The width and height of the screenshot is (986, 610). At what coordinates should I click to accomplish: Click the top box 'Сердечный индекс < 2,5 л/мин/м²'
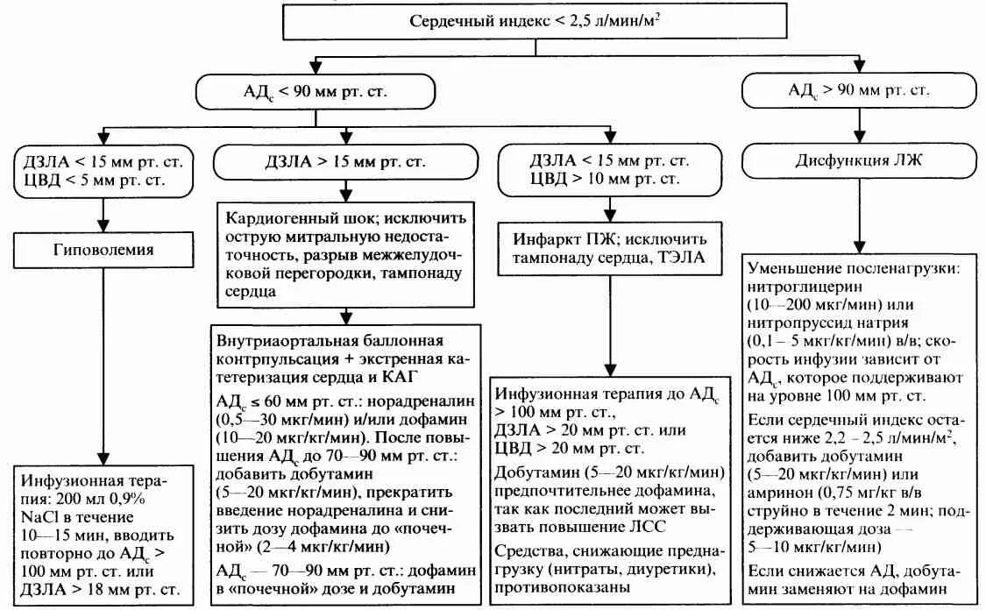[x=536, y=21]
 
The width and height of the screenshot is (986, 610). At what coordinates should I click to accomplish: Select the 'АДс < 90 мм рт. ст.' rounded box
[x=316, y=91]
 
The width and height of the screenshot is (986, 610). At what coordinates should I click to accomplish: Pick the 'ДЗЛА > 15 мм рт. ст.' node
[x=346, y=162]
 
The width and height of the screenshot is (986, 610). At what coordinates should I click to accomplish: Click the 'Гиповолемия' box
[x=104, y=250]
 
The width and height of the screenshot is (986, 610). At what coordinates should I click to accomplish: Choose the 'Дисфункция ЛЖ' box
[x=858, y=162]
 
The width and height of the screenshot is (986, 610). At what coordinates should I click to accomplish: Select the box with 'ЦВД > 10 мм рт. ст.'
[x=605, y=178]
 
